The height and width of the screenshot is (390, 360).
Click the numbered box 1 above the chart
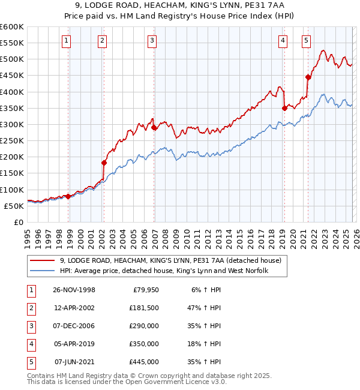pyautogui.click(x=65, y=41)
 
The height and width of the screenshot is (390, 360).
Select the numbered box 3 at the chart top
pyautogui.click(x=152, y=41)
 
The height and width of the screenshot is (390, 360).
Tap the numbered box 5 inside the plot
pyautogui.click(x=306, y=41)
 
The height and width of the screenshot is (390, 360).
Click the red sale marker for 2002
pyautogui.click(x=104, y=163)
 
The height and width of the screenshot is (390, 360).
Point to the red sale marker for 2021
pyautogui.click(x=308, y=77)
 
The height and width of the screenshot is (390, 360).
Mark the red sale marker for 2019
pyautogui.click(x=284, y=108)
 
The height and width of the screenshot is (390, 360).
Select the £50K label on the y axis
pyautogui.click(x=14, y=206)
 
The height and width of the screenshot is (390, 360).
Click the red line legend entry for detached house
pyautogui.click(x=175, y=260)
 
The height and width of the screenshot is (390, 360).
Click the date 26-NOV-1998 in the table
pyautogui.click(x=74, y=290)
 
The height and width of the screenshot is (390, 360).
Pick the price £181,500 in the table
pyautogui.click(x=144, y=308)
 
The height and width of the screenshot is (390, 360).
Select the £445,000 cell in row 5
pyautogui.click(x=144, y=362)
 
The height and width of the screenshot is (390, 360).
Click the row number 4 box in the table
pyautogui.click(x=30, y=344)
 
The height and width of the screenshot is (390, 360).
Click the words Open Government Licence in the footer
pyautogui.click(x=167, y=381)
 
